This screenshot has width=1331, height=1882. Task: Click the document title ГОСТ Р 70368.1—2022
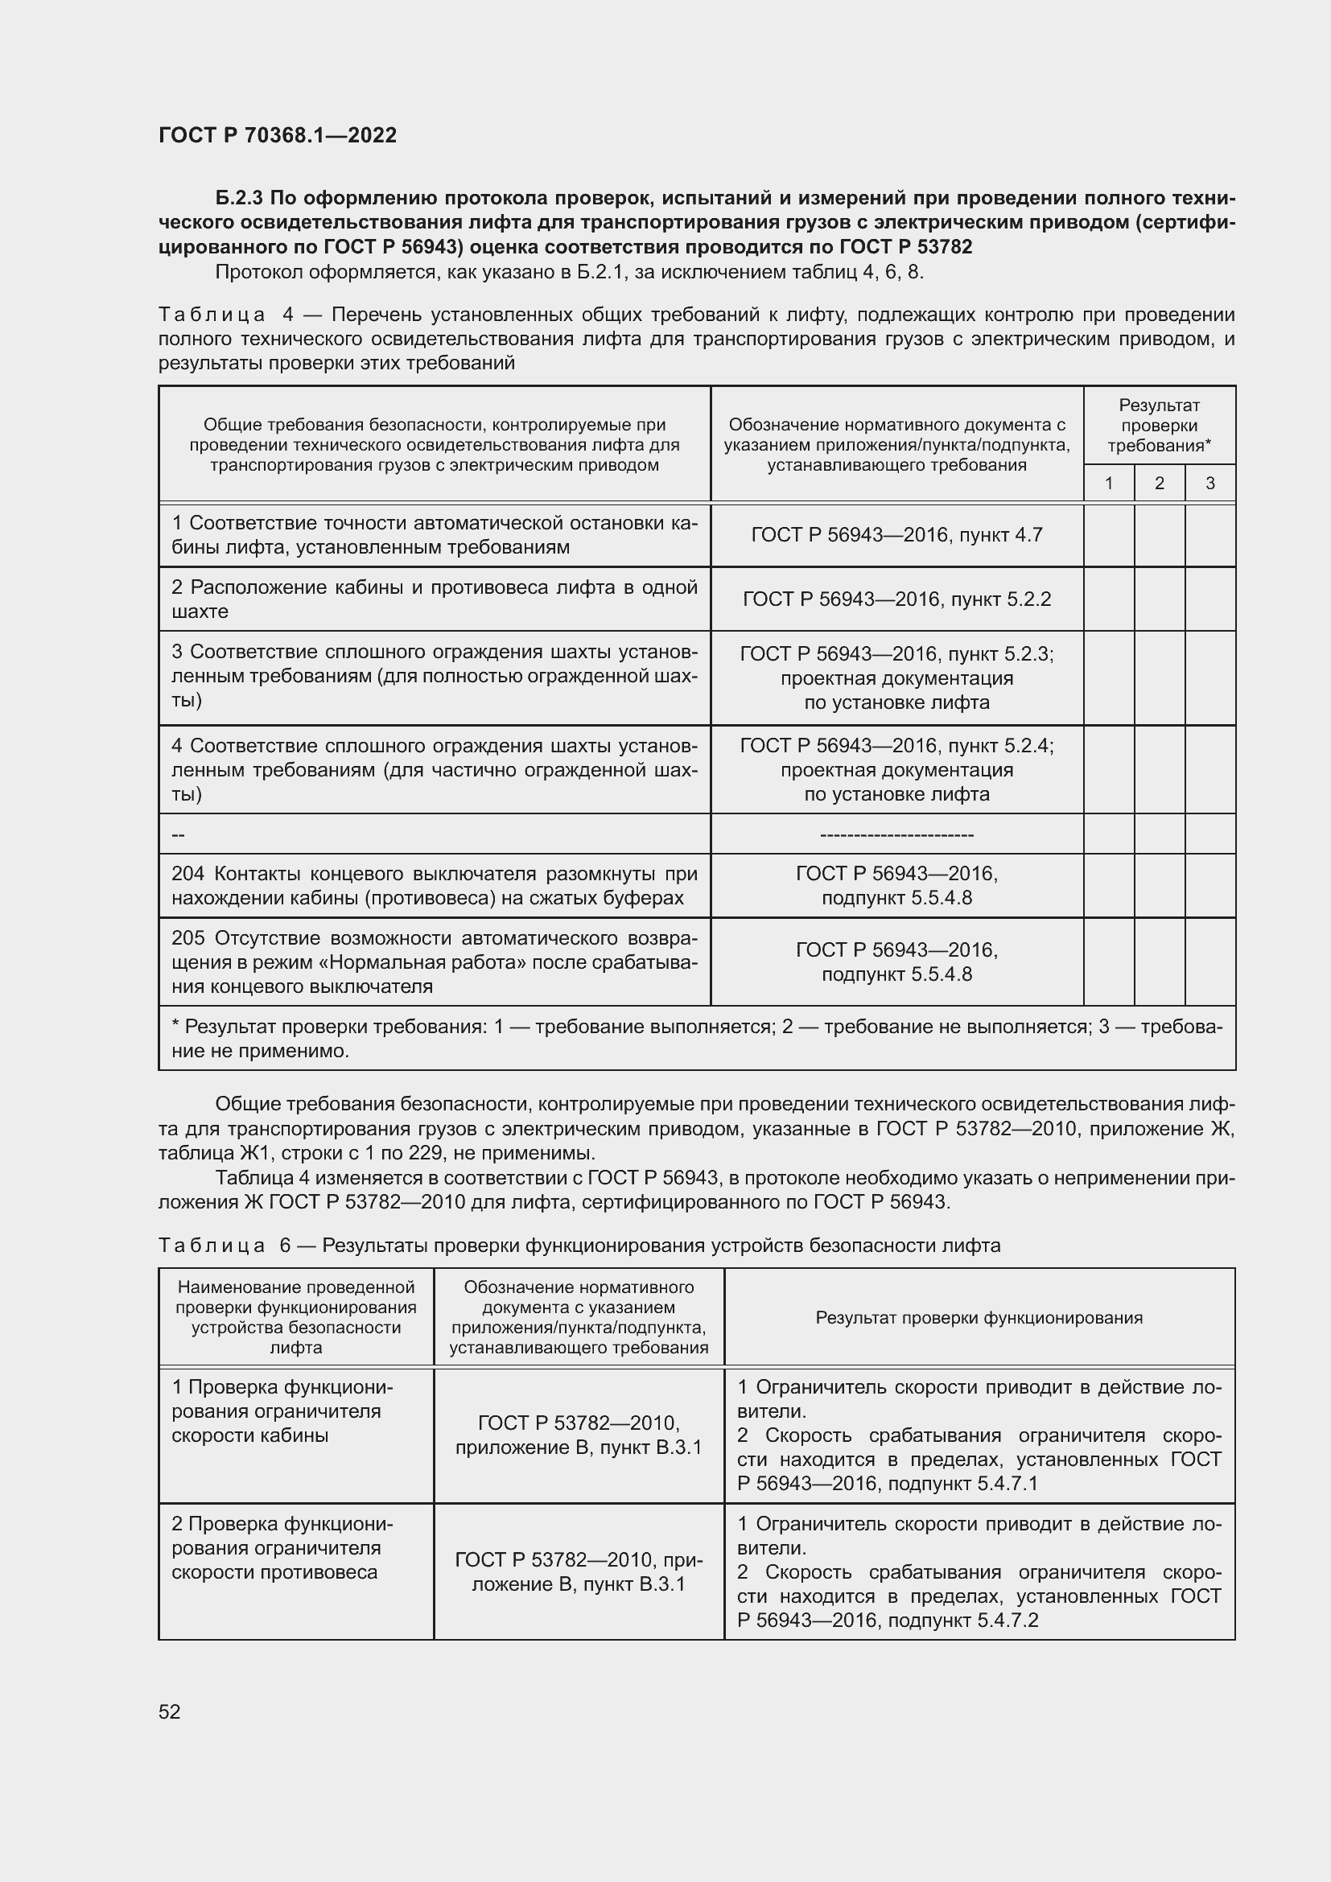coord(277,135)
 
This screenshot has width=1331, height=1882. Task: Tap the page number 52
coord(170,1711)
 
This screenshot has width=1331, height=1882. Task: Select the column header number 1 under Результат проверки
coord(1108,484)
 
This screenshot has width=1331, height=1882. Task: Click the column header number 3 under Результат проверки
coord(1209,484)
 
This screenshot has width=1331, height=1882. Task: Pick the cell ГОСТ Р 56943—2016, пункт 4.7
coord(896,535)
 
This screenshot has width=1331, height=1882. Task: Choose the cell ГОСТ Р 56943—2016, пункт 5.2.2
coord(896,599)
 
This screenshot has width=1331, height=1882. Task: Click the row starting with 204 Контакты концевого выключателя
coord(435,885)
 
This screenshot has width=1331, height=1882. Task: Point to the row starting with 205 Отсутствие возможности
coord(435,962)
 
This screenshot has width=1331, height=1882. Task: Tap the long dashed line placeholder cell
coord(896,834)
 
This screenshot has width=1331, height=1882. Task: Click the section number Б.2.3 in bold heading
coord(240,199)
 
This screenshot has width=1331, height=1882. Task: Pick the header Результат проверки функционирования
coord(979,1318)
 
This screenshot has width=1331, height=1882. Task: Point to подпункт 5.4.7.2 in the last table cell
coord(963,1620)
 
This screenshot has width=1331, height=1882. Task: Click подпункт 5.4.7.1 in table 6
coord(963,1484)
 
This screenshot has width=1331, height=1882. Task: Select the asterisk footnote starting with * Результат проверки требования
coord(697,1039)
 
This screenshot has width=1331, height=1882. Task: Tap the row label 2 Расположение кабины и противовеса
coord(435,599)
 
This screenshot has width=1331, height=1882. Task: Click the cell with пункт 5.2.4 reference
coord(896,770)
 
